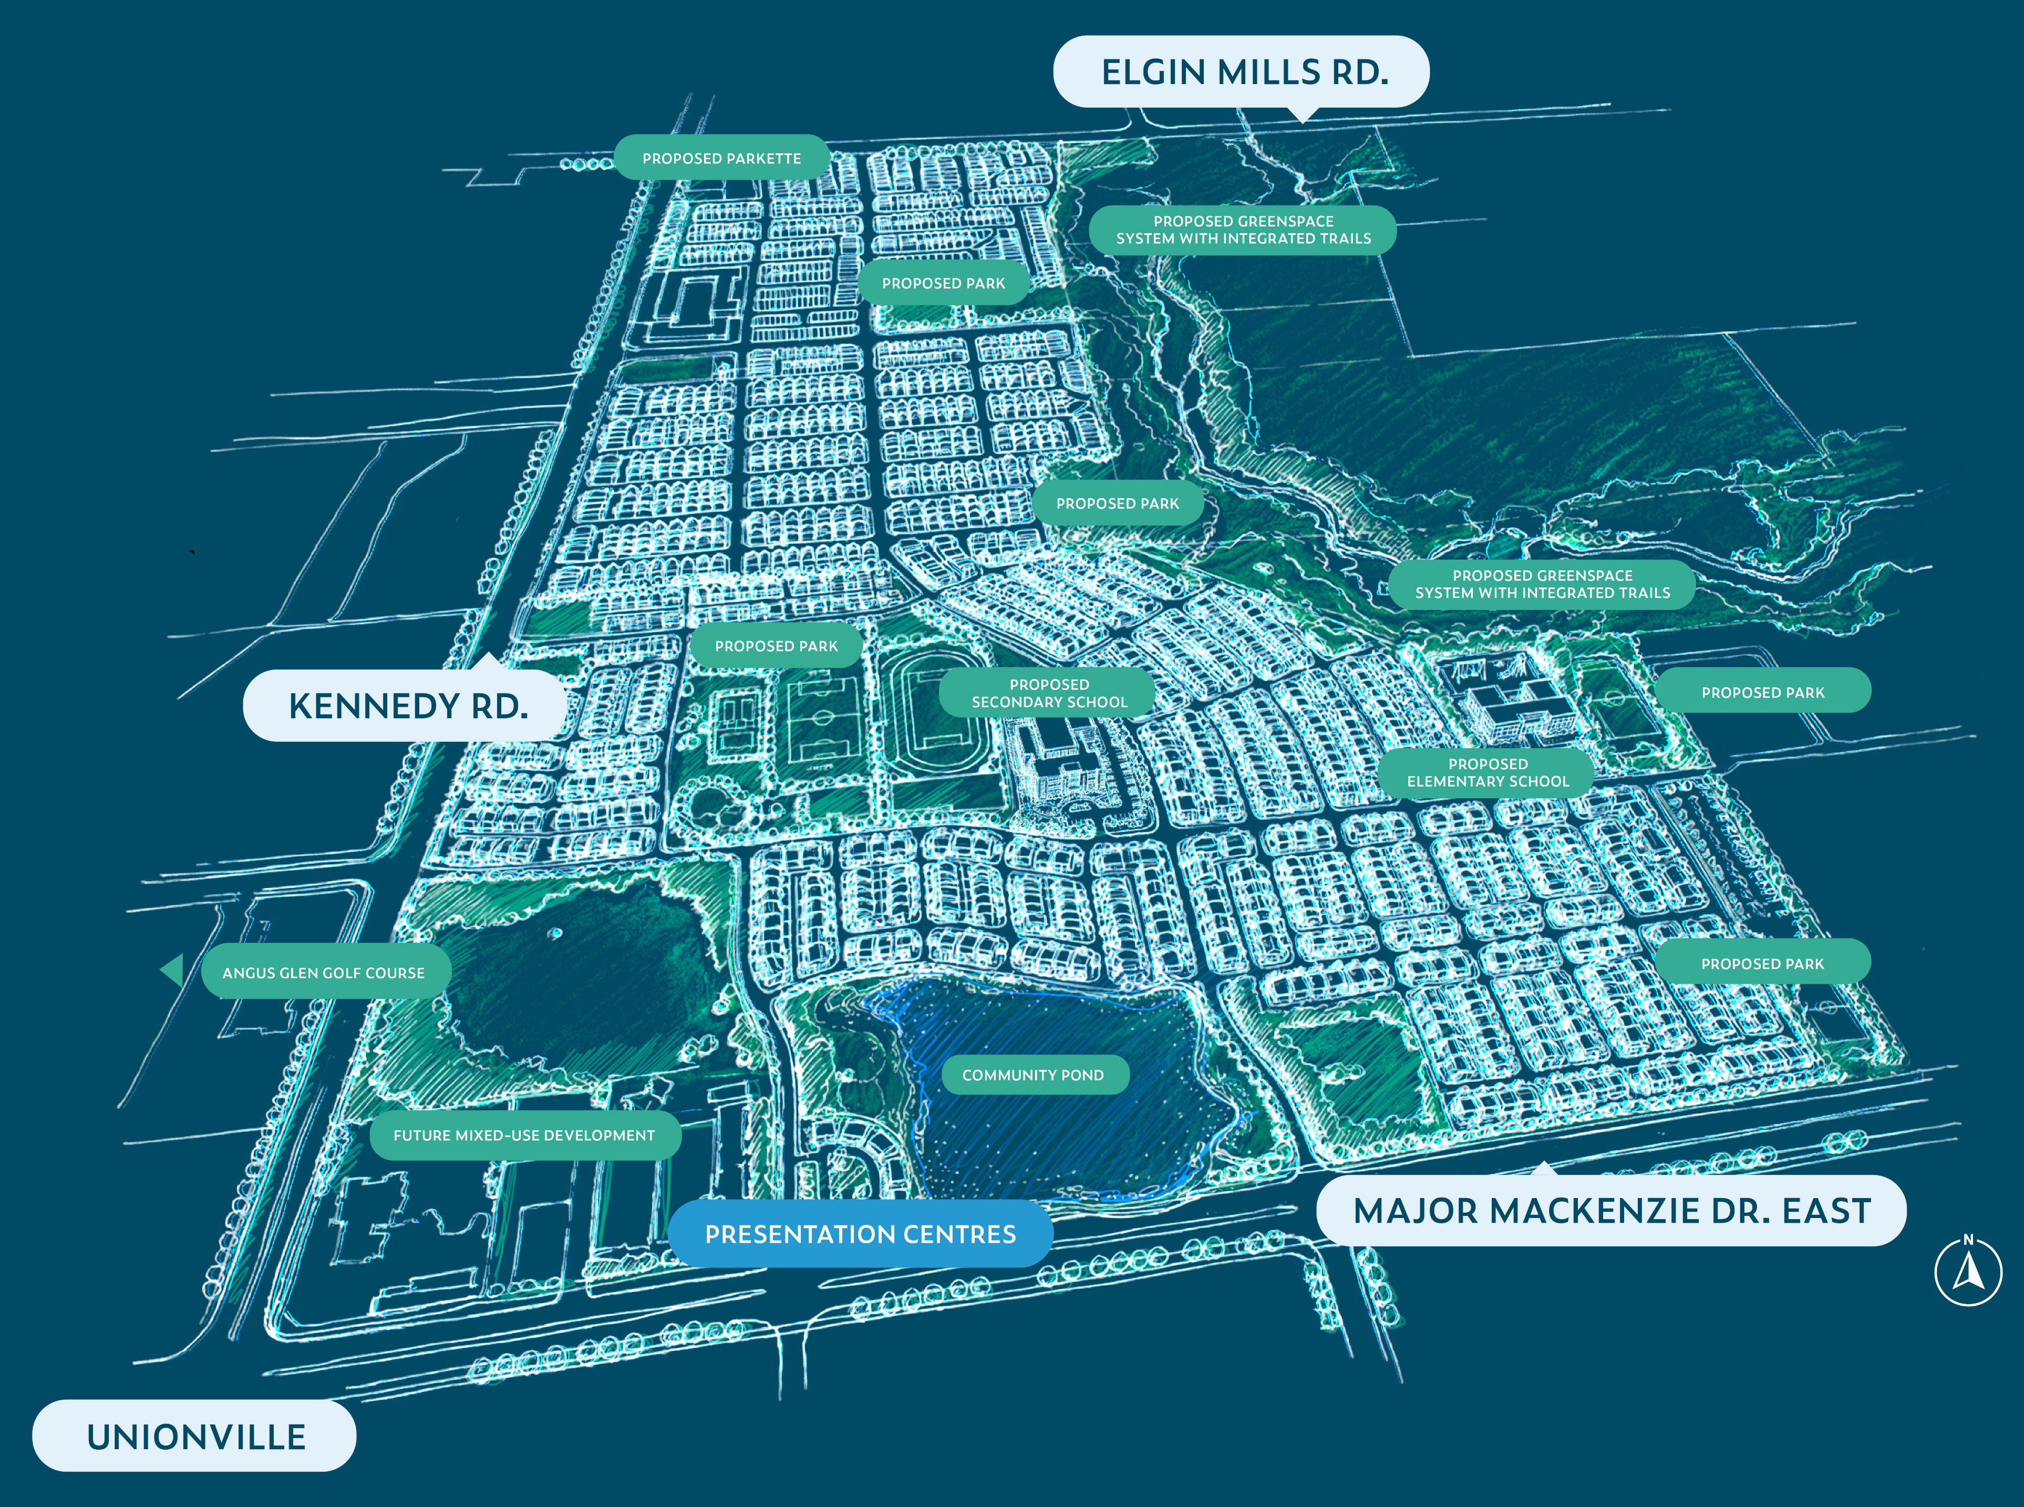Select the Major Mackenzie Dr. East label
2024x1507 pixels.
point(1611,1211)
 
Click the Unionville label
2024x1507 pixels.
point(195,1436)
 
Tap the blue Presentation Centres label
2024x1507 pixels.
point(860,1234)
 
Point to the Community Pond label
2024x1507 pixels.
point(1032,1075)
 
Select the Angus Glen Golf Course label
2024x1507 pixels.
point(324,973)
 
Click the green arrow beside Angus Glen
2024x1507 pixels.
point(172,969)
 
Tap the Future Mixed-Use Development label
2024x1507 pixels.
point(524,1135)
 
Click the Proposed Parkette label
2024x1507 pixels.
point(721,158)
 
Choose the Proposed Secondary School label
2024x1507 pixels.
point(1048,693)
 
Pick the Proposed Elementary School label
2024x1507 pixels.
point(1487,772)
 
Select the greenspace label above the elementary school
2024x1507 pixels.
point(1542,584)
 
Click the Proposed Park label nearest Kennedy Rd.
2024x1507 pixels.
point(776,646)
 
